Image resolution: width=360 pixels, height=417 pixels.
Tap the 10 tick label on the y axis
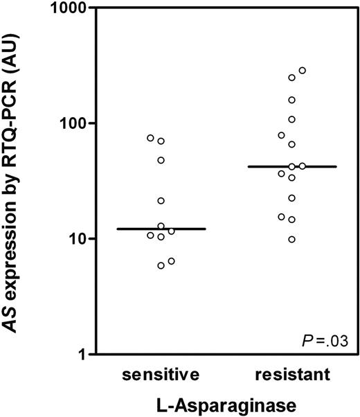(x=72, y=239)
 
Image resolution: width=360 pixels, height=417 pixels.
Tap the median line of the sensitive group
(x=161, y=229)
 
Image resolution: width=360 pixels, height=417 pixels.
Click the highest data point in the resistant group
(x=302, y=71)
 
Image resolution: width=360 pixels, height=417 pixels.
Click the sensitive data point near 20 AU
(x=161, y=201)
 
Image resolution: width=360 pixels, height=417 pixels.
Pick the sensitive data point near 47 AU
(x=161, y=160)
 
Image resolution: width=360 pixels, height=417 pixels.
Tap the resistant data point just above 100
(x=291, y=120)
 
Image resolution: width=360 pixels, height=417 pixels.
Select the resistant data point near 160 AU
(x=291, y=100)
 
